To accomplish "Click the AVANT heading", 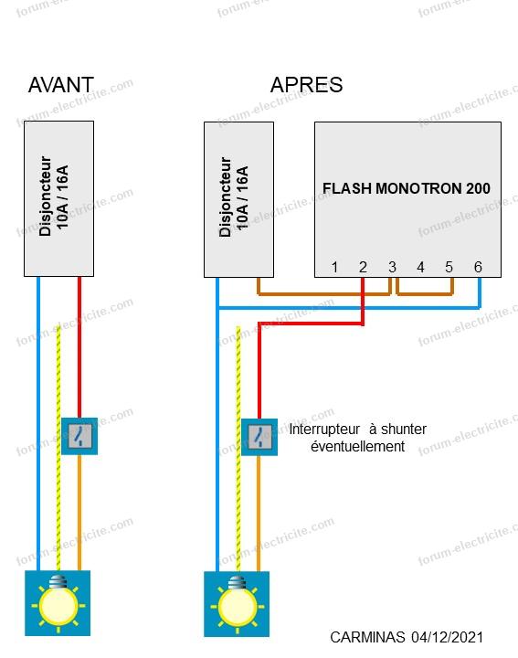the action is tap(61, 85).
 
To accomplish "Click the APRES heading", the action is tap(307, 85).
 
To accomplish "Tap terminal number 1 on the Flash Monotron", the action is tap(334, 267).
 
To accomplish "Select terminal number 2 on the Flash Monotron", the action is tap(364, 267).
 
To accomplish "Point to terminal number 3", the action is tap(392, 267).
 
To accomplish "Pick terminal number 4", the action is tap(420, 267).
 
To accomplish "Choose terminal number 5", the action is tap(449, 267).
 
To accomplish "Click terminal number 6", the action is tap(478, 267).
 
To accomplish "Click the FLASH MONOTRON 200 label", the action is tap(407, 188).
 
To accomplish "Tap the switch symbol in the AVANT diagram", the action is tap(79, 436).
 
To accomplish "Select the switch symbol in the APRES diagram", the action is tap(259, 437).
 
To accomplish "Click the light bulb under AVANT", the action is tap(58, 603).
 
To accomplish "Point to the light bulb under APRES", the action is tap(237, 604).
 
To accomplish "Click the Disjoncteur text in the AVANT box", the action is tap(45, 196).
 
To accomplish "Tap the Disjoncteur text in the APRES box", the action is tap(225, 197).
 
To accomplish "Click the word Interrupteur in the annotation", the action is tap(324, 430).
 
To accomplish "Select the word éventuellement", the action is tap(358, 447).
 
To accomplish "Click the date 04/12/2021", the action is tap(447, 638).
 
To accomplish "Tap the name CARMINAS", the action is tap(367, 638).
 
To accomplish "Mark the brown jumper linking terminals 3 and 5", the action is tap(425, 293).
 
